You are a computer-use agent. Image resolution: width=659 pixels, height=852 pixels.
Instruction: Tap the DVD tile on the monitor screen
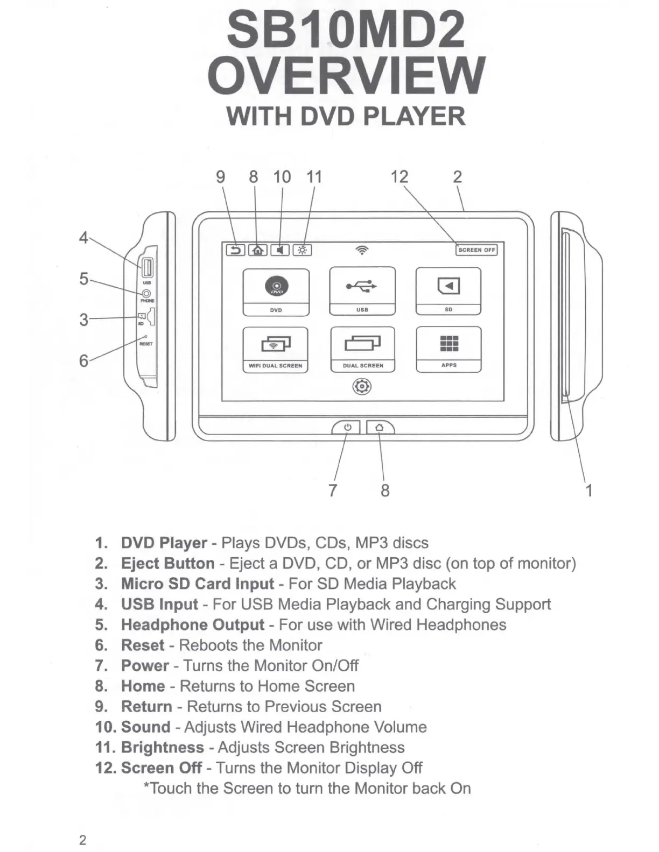tap(276, 292)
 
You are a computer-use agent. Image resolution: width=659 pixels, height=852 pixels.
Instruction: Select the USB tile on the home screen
tap(362, 291)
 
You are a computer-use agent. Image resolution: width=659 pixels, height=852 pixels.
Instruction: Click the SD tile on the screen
tap(448, 291)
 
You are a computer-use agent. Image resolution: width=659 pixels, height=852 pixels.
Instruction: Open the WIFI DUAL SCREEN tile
tap(275, 350)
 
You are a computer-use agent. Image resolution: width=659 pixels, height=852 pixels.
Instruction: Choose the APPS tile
tap(448, 349)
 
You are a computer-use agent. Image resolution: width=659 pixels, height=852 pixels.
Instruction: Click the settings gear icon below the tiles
tap(362, 387)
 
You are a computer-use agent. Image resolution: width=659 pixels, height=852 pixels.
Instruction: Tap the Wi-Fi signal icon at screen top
tap(362, 250)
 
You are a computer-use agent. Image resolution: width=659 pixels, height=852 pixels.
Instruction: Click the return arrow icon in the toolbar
tap(235, 250)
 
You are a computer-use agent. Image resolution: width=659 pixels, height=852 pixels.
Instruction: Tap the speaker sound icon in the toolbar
tap(280, 250)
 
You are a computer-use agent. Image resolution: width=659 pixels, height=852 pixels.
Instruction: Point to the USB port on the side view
tap(146, 267)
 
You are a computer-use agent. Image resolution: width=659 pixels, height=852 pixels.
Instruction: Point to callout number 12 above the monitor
tap(399, 176)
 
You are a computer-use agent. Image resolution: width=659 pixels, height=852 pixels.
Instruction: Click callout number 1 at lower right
tap(589, 490)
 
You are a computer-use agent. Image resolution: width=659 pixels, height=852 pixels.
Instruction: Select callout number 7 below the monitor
tap(333, 490)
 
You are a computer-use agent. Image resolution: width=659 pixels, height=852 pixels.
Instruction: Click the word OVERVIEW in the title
tap(346, 75)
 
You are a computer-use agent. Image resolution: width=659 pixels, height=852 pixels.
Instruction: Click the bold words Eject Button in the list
tap(168, 563)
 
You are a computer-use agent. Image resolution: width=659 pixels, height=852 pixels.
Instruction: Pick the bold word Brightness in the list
tap(163, 747)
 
